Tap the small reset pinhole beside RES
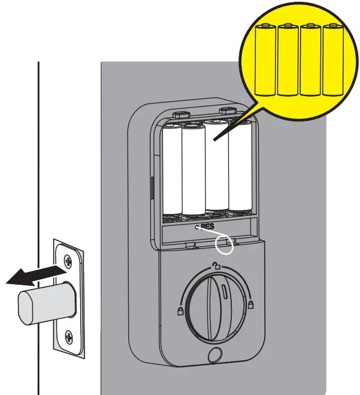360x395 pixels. coord(197,227)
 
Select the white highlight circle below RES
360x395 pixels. coord(224,243)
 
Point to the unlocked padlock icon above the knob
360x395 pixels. coord(214,266)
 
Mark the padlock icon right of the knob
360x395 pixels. coord(250,304)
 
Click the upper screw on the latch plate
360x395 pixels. coord(68,261)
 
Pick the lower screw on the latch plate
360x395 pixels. coord(68,336)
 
